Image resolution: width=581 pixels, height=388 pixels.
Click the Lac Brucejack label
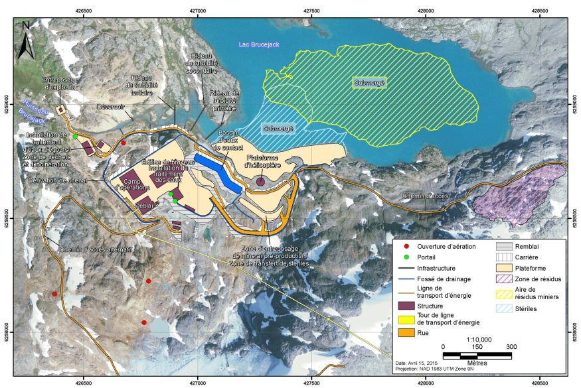260,44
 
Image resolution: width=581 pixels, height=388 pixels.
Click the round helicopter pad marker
261,181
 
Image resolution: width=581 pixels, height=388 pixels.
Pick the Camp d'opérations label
135,185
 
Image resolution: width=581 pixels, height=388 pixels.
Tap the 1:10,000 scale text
477,338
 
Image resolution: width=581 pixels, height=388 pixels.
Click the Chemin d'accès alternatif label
96,249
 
